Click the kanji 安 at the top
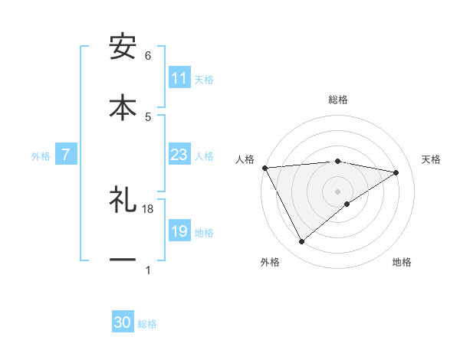point(123,47)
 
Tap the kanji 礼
point(123,201)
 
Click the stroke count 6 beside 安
point(148,56)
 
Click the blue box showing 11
point(179,78)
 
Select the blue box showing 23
point(179,155)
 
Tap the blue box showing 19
point(179,232)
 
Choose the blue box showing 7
point(66,155)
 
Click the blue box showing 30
point(123,322)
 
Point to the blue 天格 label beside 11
point(203,79)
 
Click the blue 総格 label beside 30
point(147,324)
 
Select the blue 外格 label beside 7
point(41,156)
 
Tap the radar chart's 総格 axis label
point(338,100)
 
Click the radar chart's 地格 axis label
point(402,262)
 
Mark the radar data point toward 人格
point(264,168)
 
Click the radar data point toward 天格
point(396,172)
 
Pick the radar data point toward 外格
point(301,242)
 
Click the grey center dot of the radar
point(338,191)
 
